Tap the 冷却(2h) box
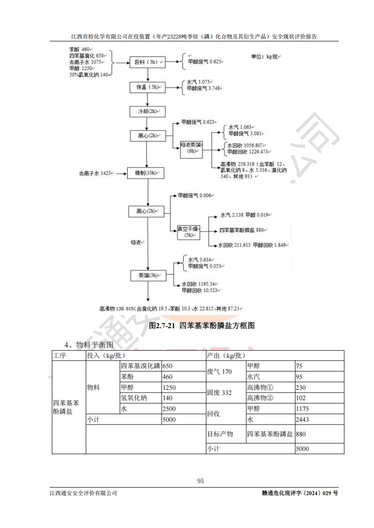point(147,111)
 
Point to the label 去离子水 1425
point(96,173)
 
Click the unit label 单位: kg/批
point(266,56)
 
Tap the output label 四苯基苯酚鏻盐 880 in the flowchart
point(243,230)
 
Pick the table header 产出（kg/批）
point(226,355)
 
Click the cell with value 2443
point(302,419)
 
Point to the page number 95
point(200,481)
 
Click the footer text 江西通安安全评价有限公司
point(83,493)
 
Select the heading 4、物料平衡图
point(89,345)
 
